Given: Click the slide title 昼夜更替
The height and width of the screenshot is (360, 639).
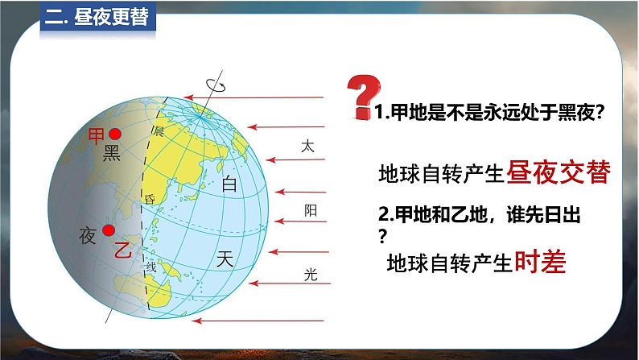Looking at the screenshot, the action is (x=111, y=17).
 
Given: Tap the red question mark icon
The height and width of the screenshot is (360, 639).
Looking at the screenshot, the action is (x=363, y=97).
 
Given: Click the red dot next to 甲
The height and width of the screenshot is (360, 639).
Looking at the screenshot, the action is (x=115, y=134).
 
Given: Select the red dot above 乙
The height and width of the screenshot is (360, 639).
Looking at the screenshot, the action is (x=109, y=230).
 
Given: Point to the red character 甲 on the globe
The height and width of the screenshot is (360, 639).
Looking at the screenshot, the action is (x=97, y=136).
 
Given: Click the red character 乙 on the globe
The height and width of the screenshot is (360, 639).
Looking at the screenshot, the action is (x=122, y=250).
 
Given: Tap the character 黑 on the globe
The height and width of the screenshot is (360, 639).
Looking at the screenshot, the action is (x=112, y=153).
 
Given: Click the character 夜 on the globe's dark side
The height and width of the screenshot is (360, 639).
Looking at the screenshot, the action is (x=88, y=236).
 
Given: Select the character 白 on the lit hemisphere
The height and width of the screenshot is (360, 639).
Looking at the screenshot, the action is (x=229, y=184).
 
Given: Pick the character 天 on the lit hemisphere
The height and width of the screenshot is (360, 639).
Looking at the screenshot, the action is (x=225, y=259).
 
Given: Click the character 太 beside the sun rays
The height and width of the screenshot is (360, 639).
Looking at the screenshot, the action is (x=307, y=146).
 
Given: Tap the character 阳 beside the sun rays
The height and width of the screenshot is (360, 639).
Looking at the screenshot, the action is (x=311, y=210).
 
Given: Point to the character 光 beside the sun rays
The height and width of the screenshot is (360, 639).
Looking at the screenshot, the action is (x=311, y=275).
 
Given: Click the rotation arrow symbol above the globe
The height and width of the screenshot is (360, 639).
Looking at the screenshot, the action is (x=216, y=85).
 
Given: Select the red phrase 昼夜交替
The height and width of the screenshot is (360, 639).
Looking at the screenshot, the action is (x=559, y=172).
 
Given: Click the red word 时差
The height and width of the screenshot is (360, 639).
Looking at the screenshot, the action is (x=540, y=261).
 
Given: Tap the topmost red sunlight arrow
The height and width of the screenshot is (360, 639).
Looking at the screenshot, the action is (x=254, y=97).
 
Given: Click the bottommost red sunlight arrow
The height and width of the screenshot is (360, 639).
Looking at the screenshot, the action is (x=258, y=321).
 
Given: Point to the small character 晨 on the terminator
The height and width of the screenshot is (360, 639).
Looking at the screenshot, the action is (x=159, y=131).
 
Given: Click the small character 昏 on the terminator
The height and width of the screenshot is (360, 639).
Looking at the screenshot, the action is (x=150, y=200).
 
